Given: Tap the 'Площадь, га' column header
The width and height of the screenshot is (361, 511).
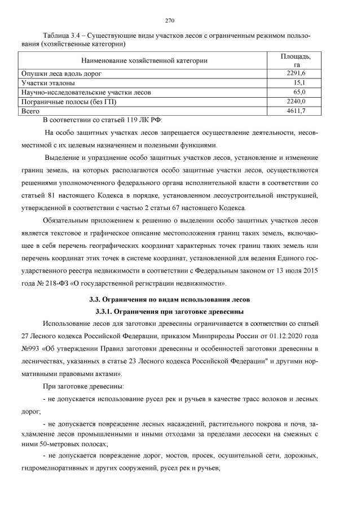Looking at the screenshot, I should (296, 60).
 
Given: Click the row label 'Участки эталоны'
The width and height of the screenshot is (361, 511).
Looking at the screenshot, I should (47, 82).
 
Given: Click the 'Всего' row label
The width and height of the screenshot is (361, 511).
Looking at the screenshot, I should (31, 111).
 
